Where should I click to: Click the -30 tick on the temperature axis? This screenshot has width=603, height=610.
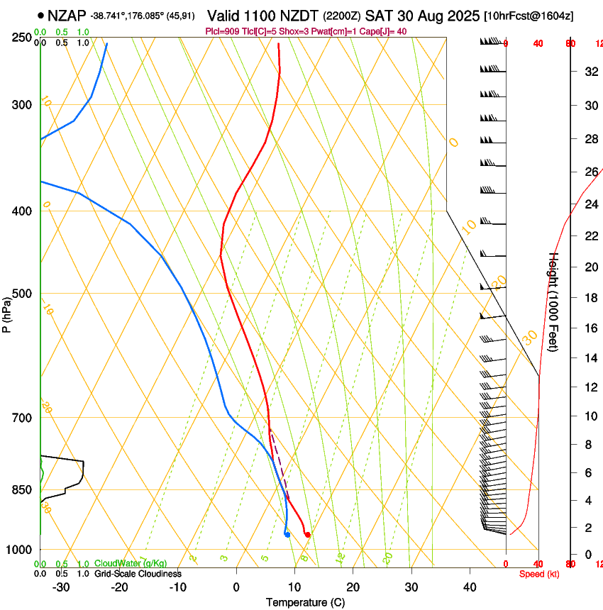click(62, 587)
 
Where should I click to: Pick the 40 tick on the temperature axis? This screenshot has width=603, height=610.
click(469, 587)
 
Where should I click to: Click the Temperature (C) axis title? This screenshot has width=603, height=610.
click(305, 602)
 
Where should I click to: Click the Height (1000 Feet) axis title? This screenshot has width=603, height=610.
click(554, 301)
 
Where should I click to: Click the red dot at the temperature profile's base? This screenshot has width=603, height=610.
click(307, 534)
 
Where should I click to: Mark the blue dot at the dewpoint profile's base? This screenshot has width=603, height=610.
click(287, 534)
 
